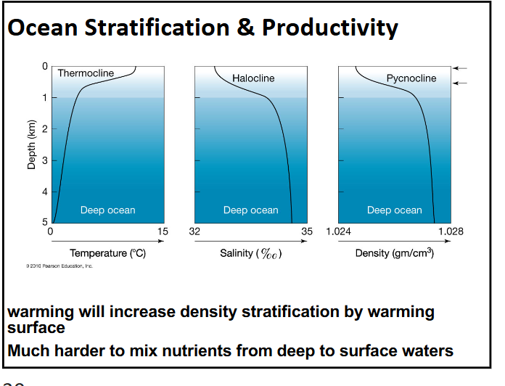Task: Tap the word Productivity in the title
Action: pos(330,28)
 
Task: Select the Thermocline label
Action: pos(86,73)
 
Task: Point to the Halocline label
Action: pos(253,78)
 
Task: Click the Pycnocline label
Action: pos(411,78)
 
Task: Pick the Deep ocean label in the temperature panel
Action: pos(107,210)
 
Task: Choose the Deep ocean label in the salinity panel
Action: pos(250,210)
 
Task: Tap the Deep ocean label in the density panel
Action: pos(394,210)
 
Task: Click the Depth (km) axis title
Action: pos(31,146)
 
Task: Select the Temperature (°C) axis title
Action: pos(107,253)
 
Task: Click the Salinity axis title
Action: pos(250,253)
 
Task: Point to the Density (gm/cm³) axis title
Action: pos(394,253)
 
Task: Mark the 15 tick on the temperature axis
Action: pos(162,231)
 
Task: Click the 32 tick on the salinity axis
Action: pos(194,231)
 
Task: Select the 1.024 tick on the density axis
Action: pos(338,231)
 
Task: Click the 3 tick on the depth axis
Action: pos(44,160)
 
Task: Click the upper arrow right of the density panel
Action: pos(460,68)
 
